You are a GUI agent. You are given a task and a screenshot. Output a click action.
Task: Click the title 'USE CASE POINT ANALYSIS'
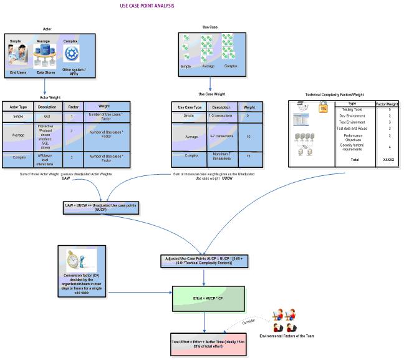[x=147, y=6]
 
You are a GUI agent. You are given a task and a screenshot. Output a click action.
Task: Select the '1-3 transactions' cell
[x=221, y=115]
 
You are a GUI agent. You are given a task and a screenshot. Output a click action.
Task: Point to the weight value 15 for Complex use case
[x=249, y=155]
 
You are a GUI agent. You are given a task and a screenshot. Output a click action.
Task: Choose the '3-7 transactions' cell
[x=221, y=135]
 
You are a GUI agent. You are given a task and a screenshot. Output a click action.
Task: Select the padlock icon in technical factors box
[x=323, y=108]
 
